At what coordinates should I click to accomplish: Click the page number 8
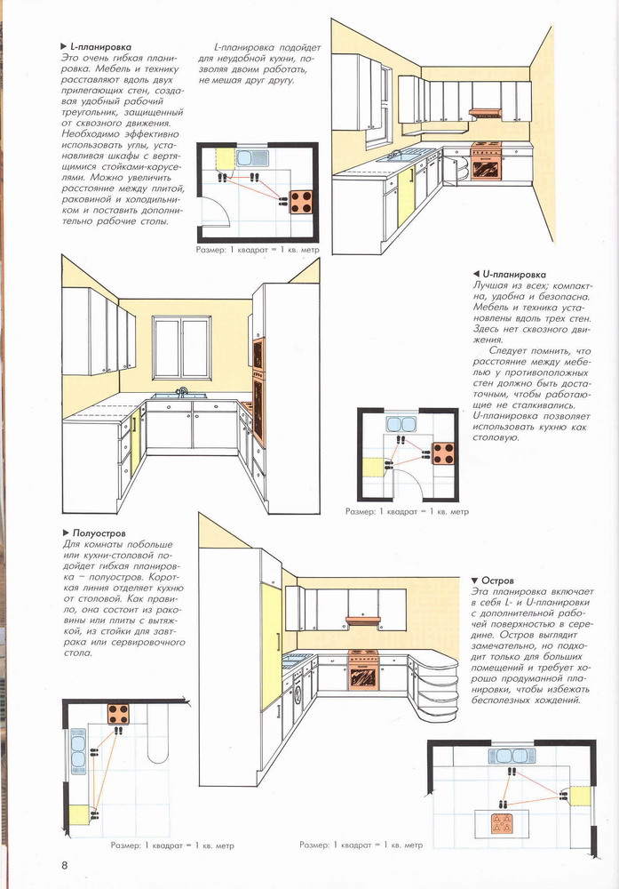tap(65, 865)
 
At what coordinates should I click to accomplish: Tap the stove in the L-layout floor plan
tap(302, 202)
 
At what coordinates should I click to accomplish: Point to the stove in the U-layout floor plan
tap(443, 453)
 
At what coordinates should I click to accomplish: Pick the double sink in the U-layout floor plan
tap(401, 424)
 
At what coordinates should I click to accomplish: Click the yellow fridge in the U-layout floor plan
tap(374, 468)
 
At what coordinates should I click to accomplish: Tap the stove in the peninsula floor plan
tap(119, 713)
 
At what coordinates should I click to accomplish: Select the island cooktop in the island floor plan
tap(501, 823)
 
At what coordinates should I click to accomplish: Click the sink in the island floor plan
tap(512, 756)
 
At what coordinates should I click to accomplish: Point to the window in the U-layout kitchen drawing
tap(182, 348)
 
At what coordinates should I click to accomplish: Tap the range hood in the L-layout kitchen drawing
tap(485, 113)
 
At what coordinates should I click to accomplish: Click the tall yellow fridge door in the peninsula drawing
tap(271, 645)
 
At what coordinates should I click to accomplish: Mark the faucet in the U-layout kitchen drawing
tap(182, 391)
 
